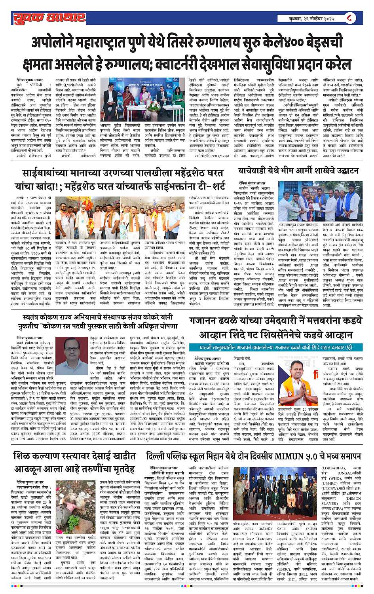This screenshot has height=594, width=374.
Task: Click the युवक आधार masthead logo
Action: [x=49, y=18]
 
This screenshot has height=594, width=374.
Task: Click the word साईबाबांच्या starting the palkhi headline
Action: [x=50, y=173]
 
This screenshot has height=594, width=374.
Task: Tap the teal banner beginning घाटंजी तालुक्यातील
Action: [x=275, y=347]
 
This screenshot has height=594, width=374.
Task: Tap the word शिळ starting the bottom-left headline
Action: [x=21, y=456]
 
